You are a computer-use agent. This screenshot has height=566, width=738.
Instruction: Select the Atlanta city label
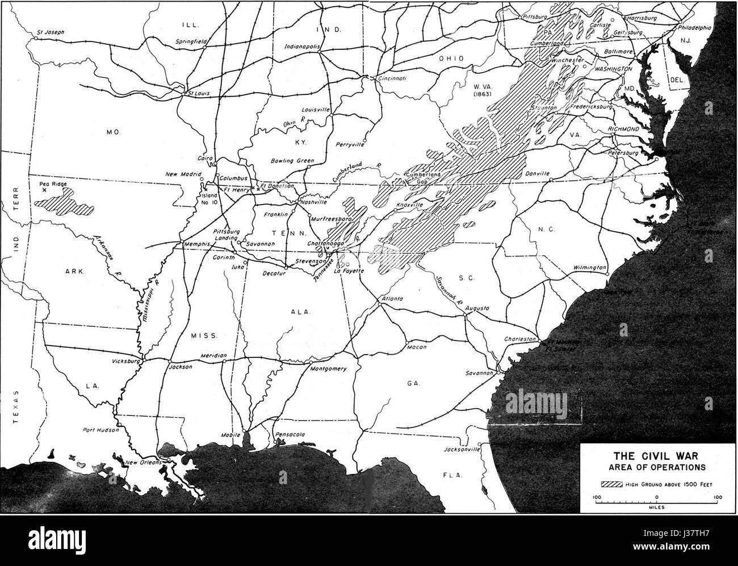tap(392, 298)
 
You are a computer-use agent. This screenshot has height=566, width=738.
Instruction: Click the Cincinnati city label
tap(392, 79)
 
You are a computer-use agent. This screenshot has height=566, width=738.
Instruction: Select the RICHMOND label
tap(623, 129)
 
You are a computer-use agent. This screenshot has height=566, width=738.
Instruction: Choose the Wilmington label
tap(590, 267)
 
